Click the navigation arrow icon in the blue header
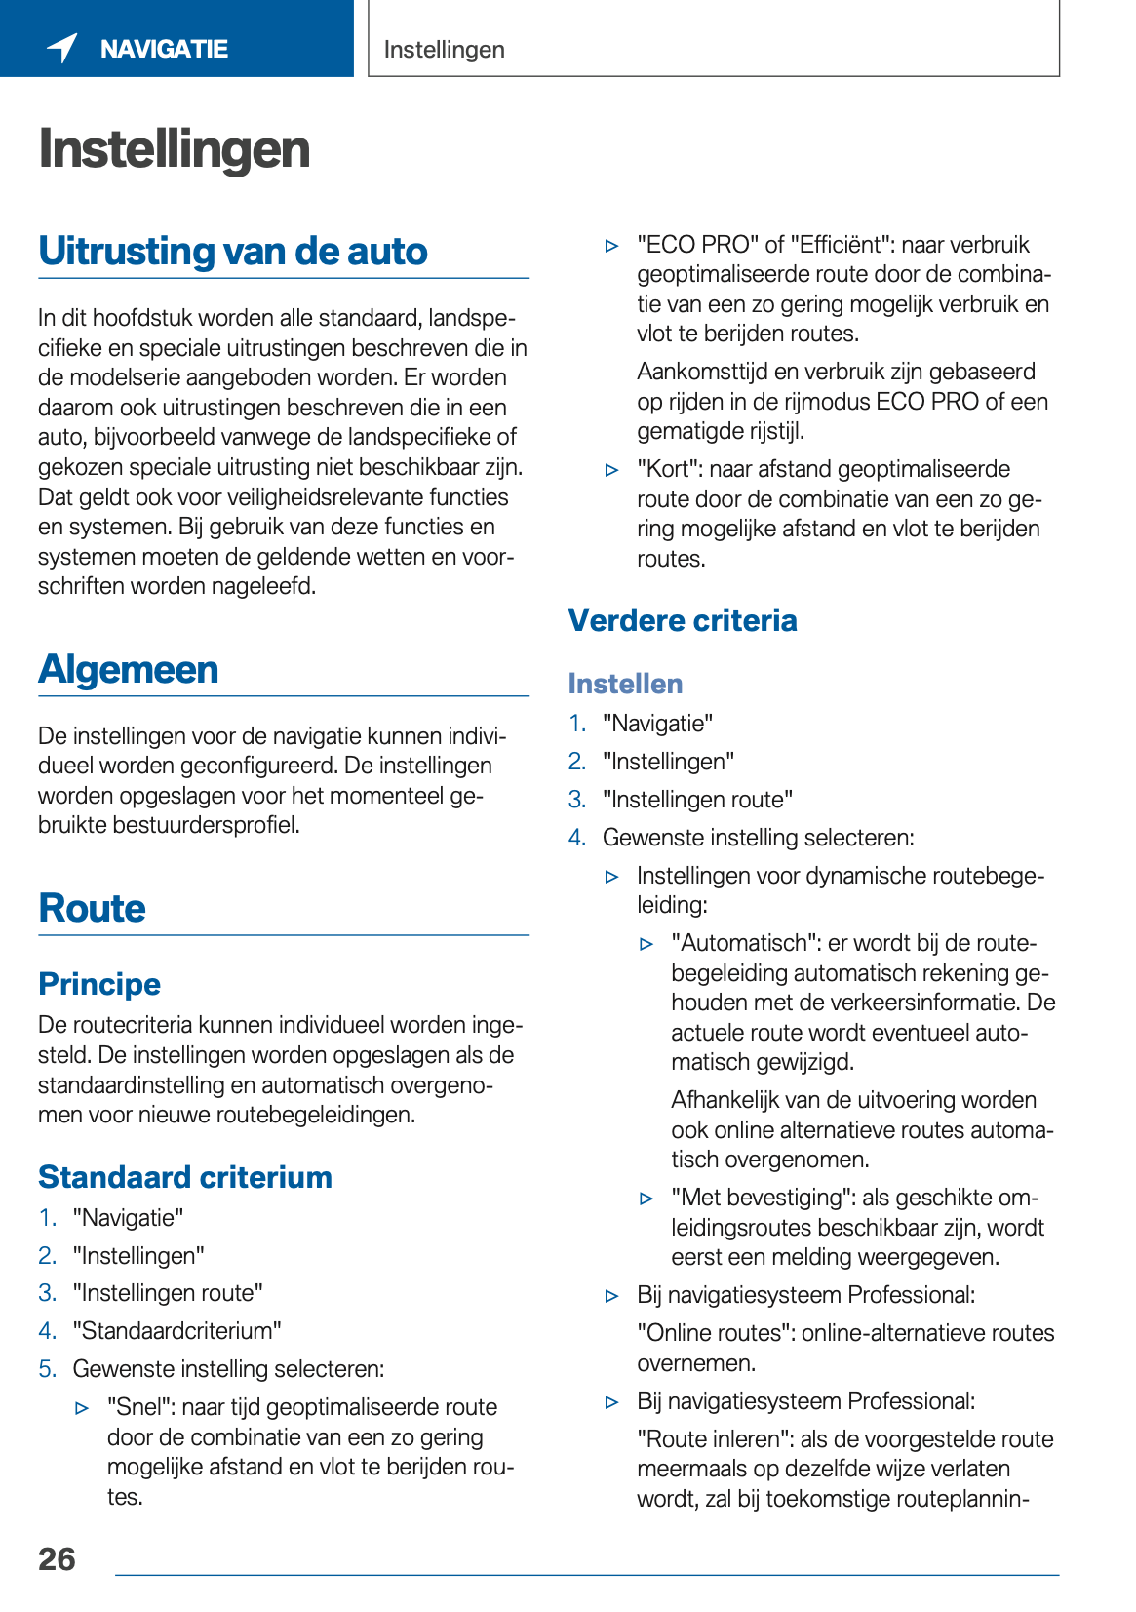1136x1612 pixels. click(x=62, y=47)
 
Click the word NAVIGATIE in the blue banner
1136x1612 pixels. click(x=164, y=49)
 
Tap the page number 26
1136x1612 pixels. click(x=57, y=1558)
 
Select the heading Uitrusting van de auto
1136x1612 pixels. click(x=233, y=251)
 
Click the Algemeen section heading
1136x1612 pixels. click(x=128, y=669)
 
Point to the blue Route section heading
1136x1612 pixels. click(x=92, y=908)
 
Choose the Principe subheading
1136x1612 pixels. click(x=99, y=984)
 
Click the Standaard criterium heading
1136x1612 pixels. click(x=185, y=1177)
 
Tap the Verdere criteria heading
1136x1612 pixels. click(x=683, y=620)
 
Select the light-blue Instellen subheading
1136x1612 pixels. click(x=625, y=684)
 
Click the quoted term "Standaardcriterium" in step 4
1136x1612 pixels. click(x=176, y=1331)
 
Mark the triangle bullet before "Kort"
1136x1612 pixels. click(x=612, y=470)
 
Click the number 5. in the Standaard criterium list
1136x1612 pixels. click(x=48, y=1369)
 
